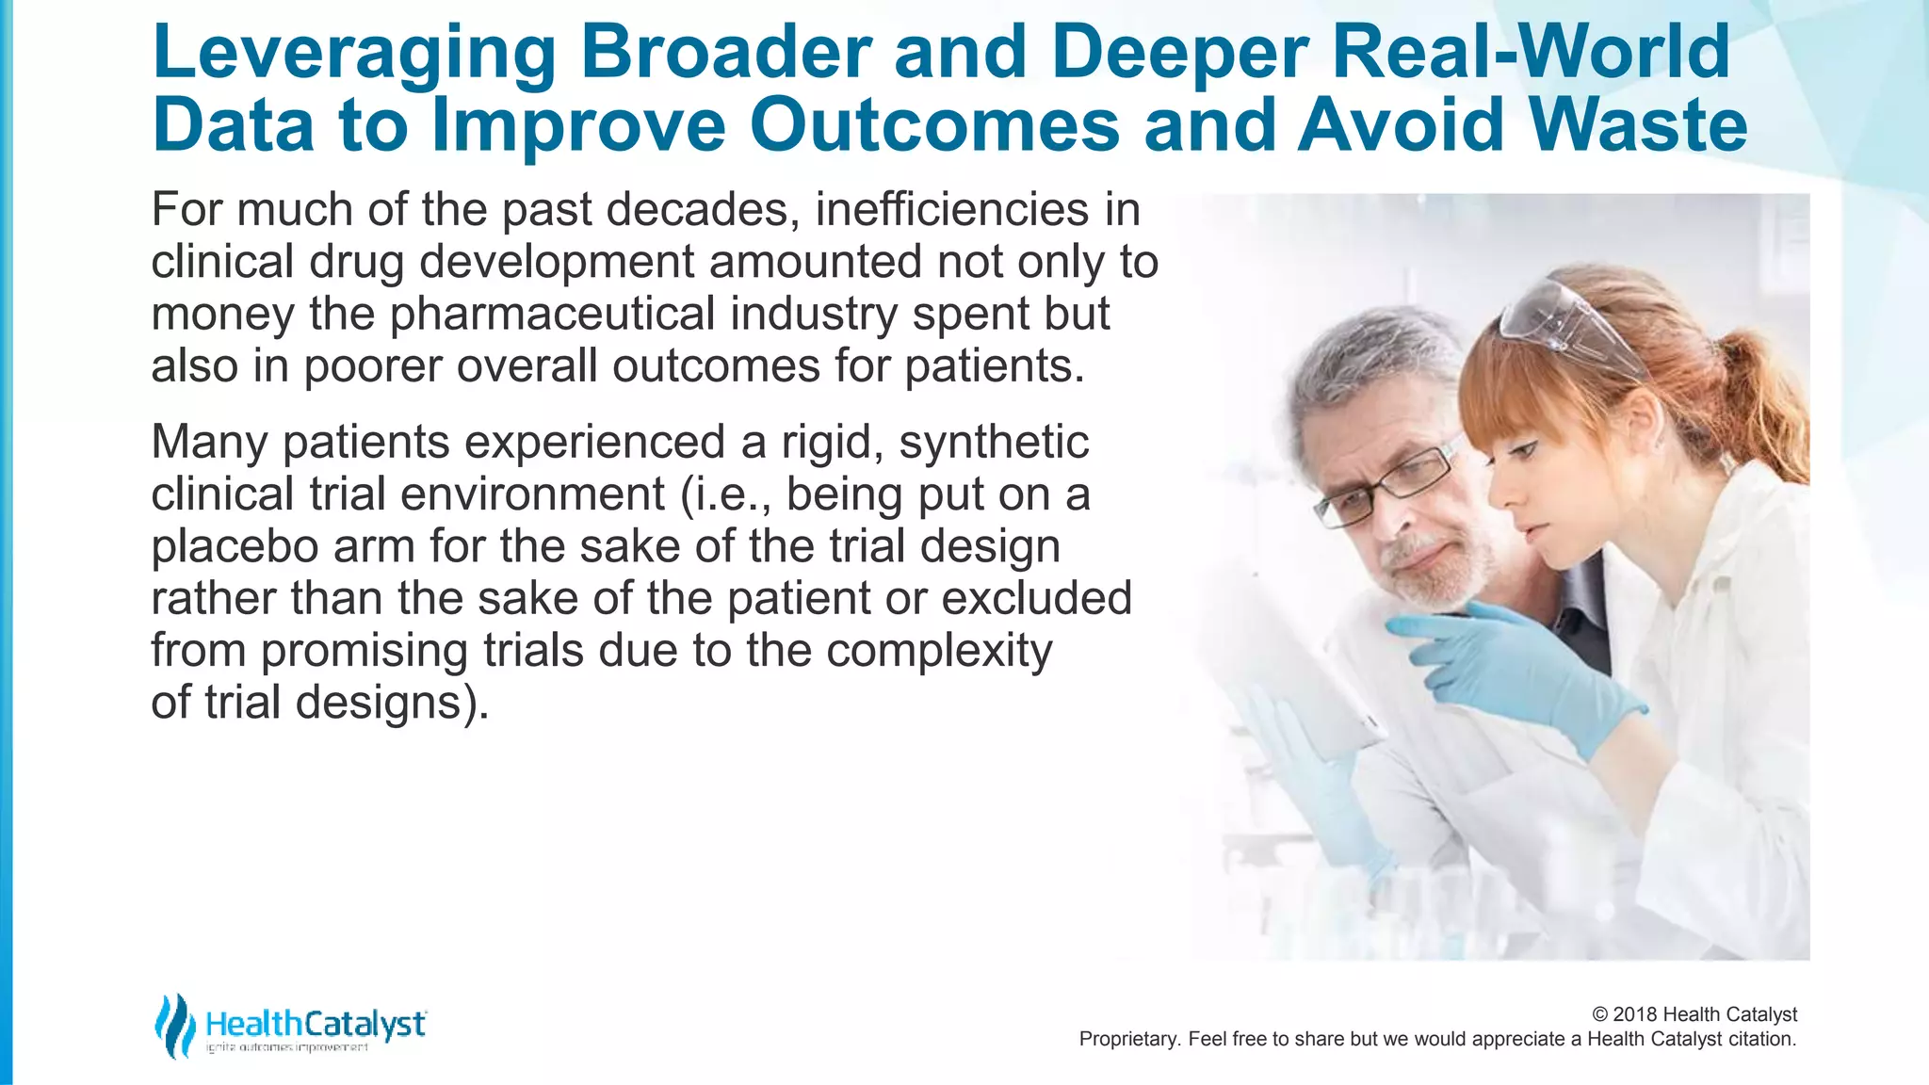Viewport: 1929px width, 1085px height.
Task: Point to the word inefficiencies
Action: coord(950,209)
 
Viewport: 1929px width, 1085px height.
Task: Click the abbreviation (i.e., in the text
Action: coord(727,494)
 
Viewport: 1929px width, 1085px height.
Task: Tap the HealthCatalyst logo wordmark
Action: coord(316,1024)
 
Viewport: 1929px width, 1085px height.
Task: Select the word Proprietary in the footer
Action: coord(1127,1039)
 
